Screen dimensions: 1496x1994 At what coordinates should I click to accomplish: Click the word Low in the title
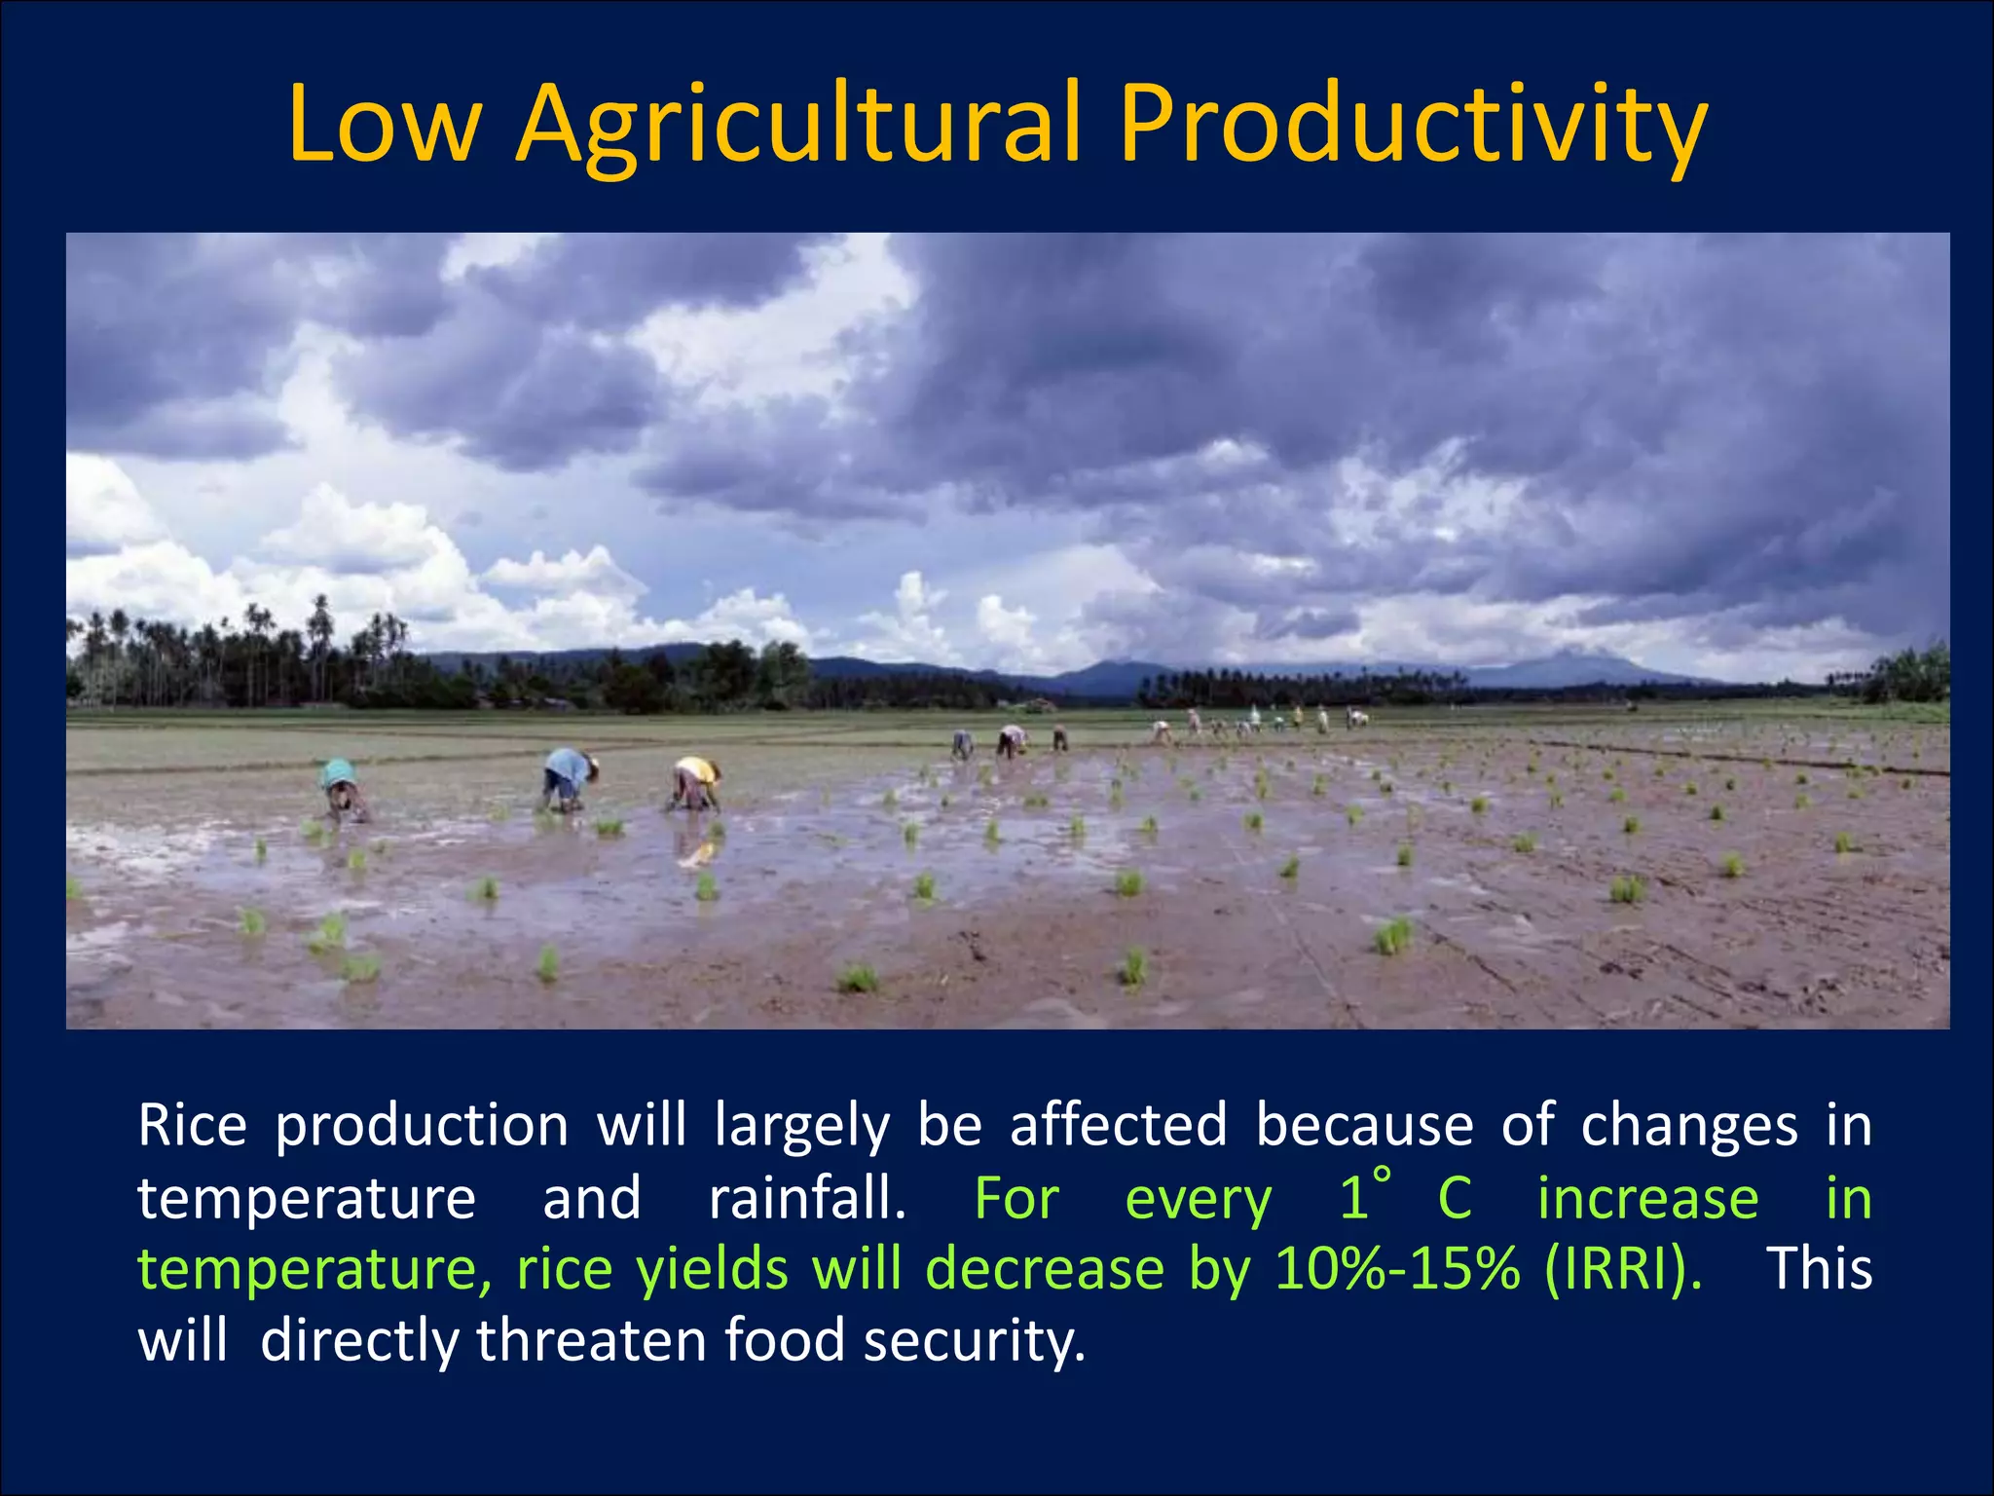(x=384, y=125)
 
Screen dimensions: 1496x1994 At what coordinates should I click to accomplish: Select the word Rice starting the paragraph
(x=192, y=1126)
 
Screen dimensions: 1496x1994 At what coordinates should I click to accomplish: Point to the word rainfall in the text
(x=806, y=1198)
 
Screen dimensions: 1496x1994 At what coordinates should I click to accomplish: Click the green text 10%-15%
(x=1396, y=1269)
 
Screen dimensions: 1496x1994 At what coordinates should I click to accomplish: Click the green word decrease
(x=1044, y=1269)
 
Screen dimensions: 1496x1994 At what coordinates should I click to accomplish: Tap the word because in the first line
(x=1364, y=1126)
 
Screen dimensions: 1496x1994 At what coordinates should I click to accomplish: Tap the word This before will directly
(x=1819, y=1269)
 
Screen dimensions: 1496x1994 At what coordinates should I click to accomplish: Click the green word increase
(x=1647, y=1198)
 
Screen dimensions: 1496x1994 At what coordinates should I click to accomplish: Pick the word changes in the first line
(x=1688, y=1126)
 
